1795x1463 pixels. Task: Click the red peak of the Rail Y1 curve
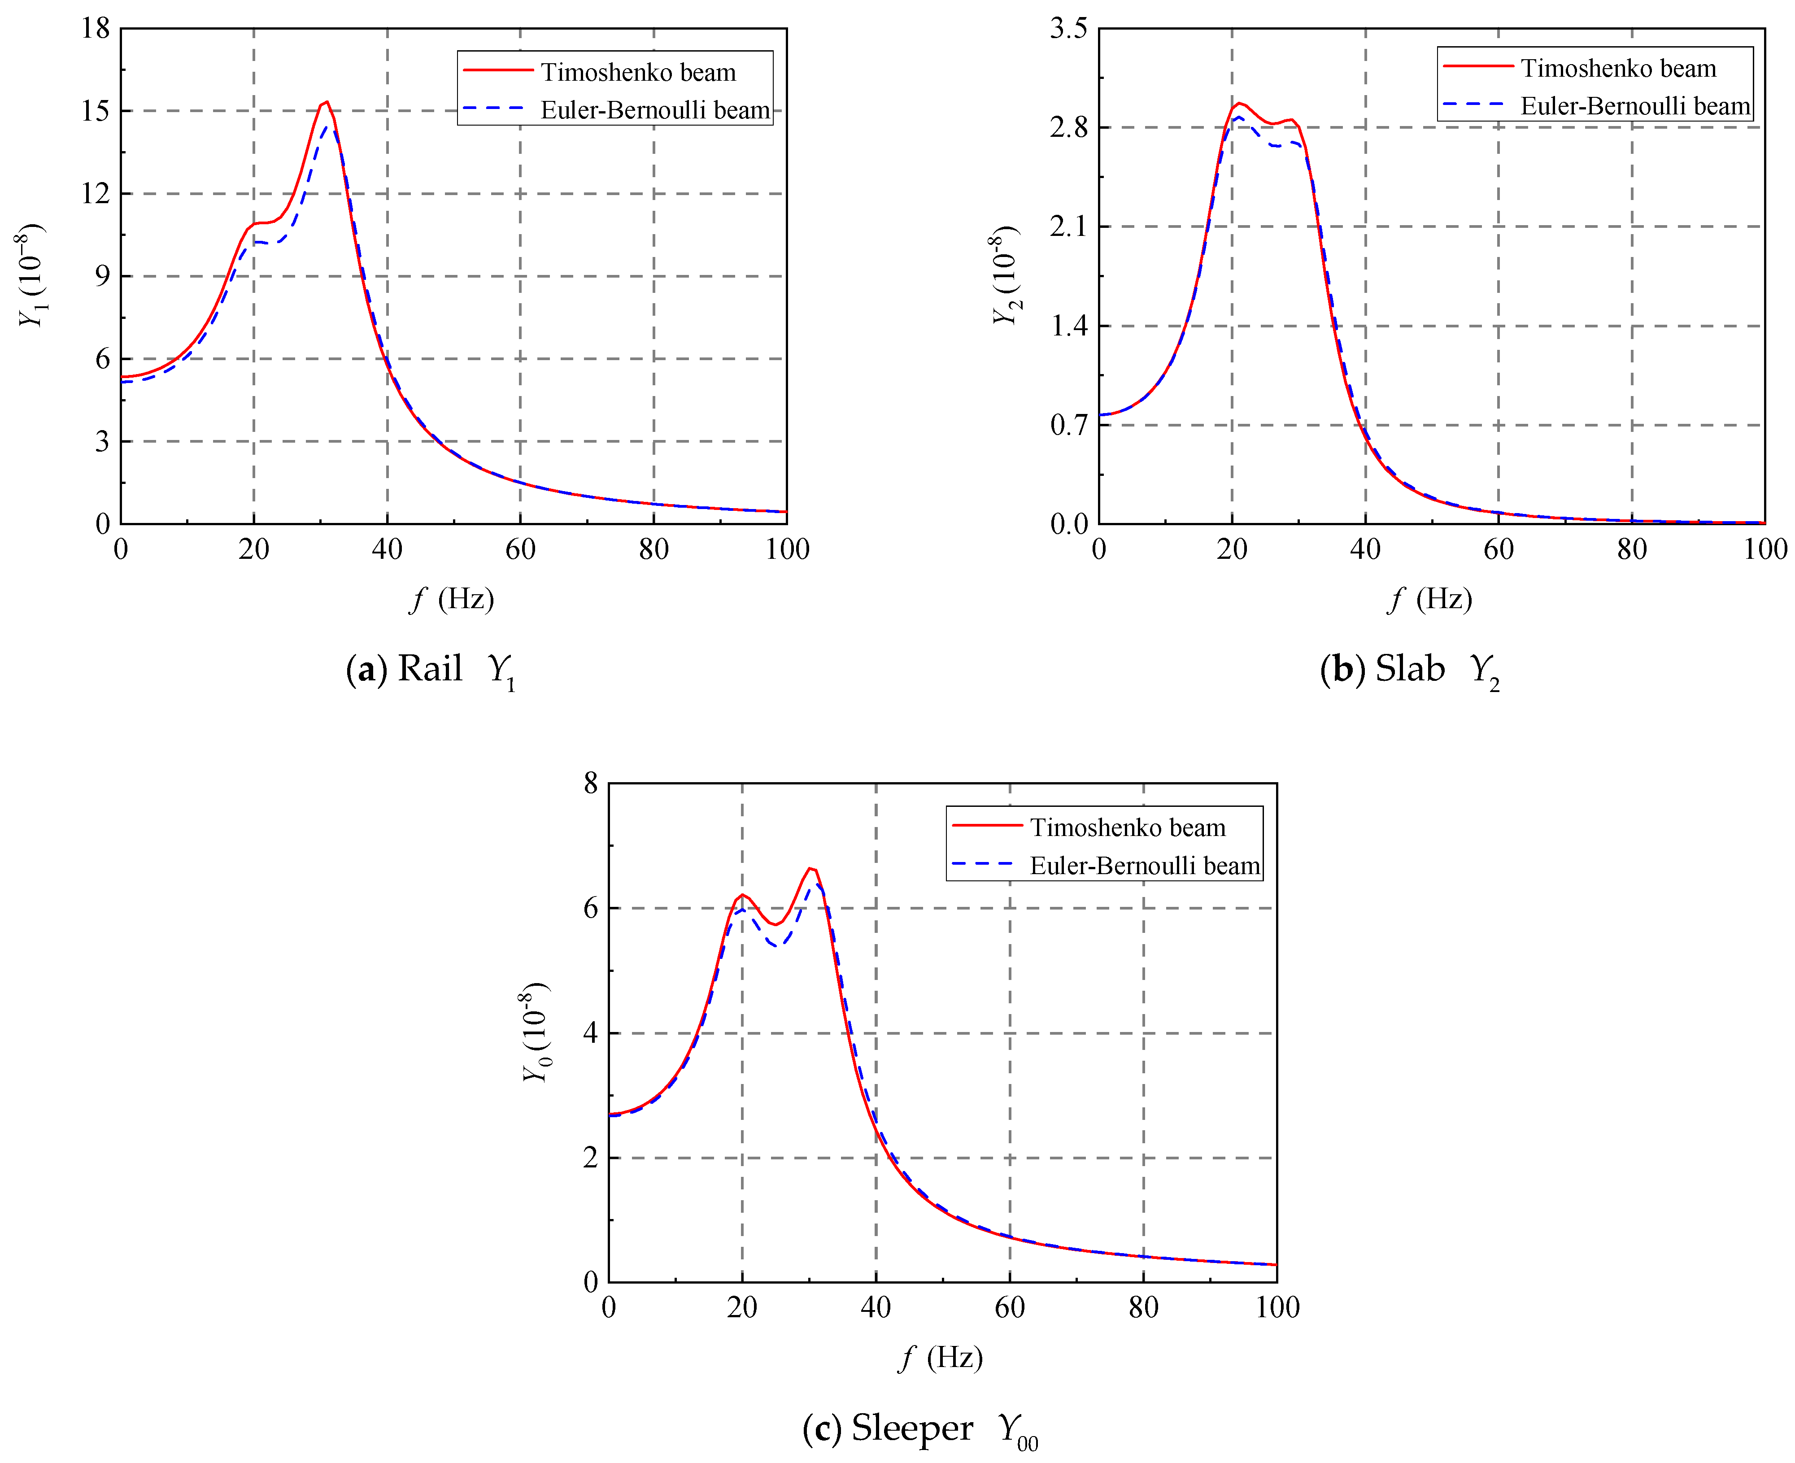point(326,102)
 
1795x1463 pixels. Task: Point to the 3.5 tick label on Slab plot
point(1068,29)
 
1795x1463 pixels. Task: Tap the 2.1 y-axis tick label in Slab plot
point(1068,226)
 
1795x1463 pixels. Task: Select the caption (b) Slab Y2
point(1409,670)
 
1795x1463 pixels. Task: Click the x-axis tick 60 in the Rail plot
point(520,549)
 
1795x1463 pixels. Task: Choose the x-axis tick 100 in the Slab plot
point(1765,549)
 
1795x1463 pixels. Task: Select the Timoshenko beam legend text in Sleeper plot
point(1127,827)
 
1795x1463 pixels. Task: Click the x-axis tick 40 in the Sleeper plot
point(876,1308)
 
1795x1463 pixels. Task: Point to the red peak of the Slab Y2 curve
point(1239,103)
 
